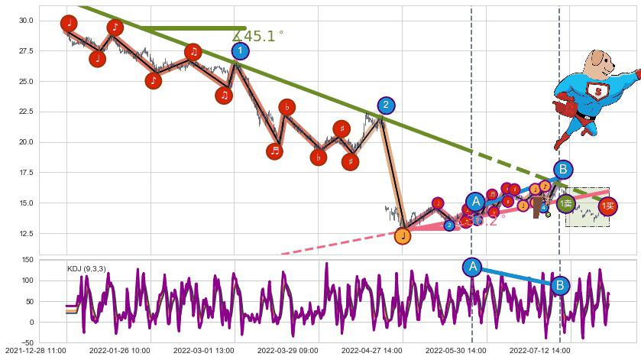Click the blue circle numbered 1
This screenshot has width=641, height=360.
click(240, 51)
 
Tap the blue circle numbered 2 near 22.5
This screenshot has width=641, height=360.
click(386, 105)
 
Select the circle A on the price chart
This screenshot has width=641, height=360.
click(475, 202)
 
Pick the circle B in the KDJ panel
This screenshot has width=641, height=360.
click(560, 286)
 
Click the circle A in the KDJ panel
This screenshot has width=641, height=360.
click(472, 267)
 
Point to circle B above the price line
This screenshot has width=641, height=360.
click(563, 169)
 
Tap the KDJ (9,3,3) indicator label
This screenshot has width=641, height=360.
click(86, 268)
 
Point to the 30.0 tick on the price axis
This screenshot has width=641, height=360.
click(26, 21)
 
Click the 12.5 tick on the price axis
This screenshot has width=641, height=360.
click(26, 234)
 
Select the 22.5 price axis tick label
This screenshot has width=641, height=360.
click(26, 112)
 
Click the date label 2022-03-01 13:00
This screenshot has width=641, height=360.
click(204, 351)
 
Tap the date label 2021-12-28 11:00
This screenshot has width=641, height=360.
click(36, 351)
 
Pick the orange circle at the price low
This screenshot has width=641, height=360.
click(403, 236)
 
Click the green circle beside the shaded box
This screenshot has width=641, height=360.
click(566, 203)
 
